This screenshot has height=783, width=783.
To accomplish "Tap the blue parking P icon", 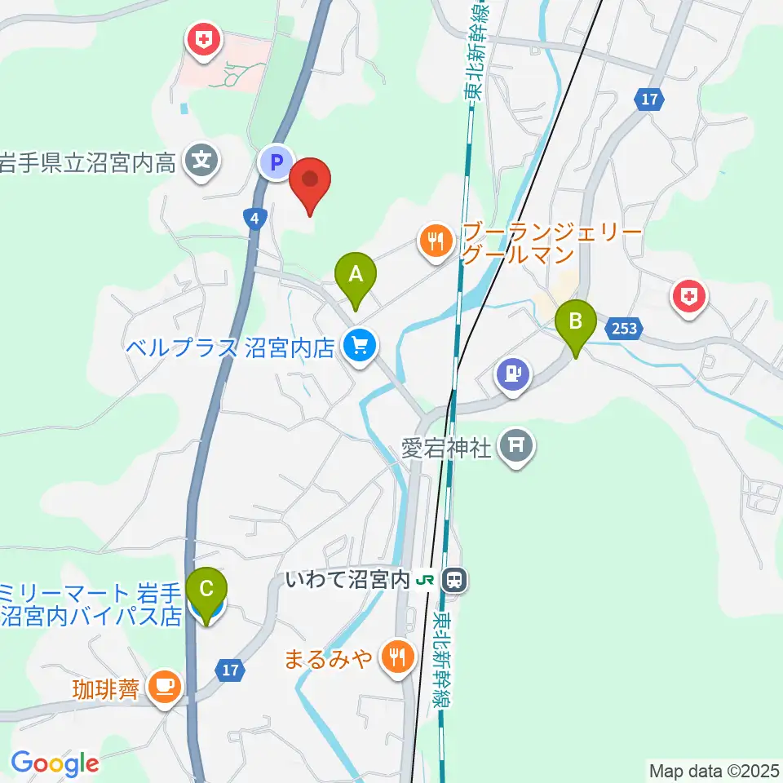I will click(276, 161).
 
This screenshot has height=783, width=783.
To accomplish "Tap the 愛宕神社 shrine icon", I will click(517, 447).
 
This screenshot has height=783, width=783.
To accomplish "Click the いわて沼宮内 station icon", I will click(454, 581).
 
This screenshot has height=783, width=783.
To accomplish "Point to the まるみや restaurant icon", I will click(398, 657).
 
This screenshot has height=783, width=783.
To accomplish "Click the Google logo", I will click(55, 763).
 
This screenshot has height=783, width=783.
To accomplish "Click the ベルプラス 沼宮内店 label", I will click(230, 348).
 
